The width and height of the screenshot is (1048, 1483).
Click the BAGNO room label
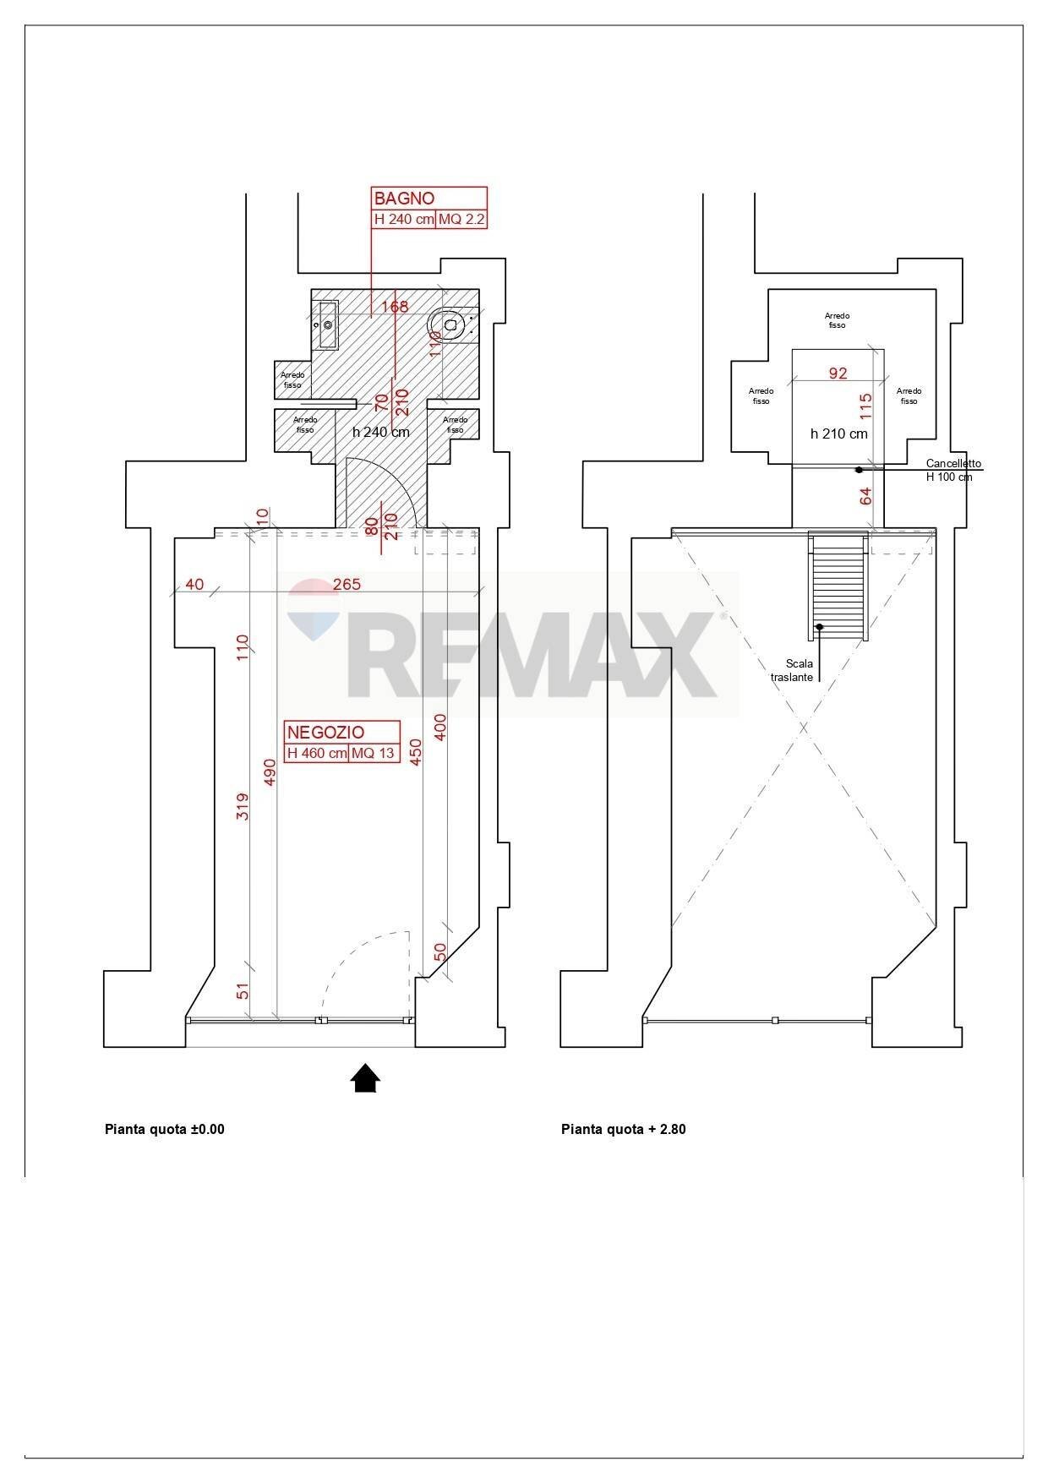tap(405, 199)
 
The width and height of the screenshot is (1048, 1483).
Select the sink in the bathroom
tap(327, 324)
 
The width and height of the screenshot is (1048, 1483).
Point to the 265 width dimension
tap(347, 584)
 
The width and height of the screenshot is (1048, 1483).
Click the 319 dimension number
tap(242, 809)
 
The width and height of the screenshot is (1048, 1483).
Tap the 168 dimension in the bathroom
tap(395, 306)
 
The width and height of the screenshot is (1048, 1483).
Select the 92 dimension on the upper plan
tap(838, 373)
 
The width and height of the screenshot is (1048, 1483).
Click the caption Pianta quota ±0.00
tap(165, 1129)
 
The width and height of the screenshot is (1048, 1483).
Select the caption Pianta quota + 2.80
tap(623, 1129)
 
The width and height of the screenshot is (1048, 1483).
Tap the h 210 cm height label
tap(838, 433)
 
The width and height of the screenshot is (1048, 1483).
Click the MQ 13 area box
tap(374, 753)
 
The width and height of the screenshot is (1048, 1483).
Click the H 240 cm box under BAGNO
tap(404, 220)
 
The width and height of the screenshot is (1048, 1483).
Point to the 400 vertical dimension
tap(439, 727)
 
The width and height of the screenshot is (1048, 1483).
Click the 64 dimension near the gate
tap(865, 496)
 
